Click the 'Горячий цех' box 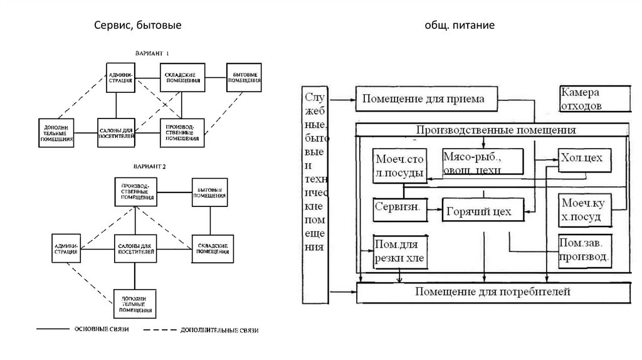(479, 211)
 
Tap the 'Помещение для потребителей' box (493, 292)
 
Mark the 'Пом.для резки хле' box (399, 251)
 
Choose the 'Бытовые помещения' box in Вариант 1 (243, 78)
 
